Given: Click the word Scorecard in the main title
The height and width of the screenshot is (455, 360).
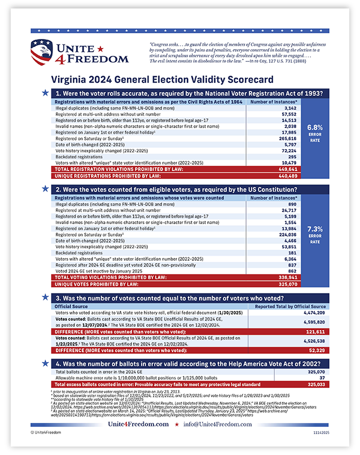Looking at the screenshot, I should pos(222,80).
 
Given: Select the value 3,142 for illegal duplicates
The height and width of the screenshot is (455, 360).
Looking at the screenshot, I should pos(289,107).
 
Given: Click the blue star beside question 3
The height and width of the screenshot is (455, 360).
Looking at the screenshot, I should pos(45,296).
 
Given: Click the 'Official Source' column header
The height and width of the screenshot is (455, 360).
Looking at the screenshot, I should pos(71,307).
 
